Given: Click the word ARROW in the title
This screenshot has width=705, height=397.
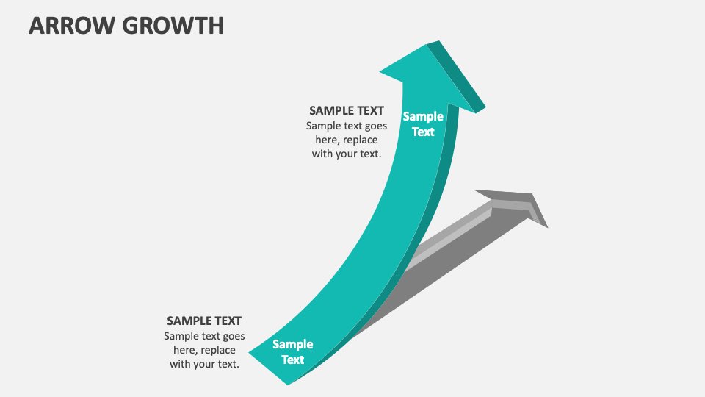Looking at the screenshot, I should tap(68, 25).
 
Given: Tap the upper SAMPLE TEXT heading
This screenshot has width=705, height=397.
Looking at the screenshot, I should tap(346, 110).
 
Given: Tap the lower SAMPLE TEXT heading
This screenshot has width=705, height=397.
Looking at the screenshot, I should tap(204, 321).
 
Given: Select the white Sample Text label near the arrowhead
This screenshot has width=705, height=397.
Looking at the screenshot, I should tap(423, 124).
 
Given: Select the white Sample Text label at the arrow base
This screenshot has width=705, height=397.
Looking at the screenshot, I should tap(292, 351).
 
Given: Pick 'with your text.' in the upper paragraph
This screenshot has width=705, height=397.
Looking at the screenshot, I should tap(346, 154).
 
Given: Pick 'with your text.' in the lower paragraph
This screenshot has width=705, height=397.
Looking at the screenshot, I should tap(204, 364).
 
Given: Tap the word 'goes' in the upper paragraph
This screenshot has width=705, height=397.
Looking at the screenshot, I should tap(375, 126).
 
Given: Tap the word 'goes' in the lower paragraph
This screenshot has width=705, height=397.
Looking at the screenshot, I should tap(232, 336).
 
